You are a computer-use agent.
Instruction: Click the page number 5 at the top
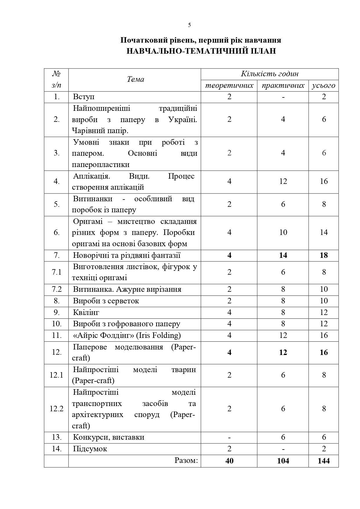point(189,25)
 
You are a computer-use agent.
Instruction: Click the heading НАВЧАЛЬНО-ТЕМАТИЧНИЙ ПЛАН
point(201,51)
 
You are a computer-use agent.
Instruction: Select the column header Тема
point(135,79)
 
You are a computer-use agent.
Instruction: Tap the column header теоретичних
point(229,86)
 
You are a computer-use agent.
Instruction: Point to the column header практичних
point(283,86)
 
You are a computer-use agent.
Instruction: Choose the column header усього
point(323,86)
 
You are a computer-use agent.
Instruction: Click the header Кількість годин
point(269,74)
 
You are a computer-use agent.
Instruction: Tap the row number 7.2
point(56,289)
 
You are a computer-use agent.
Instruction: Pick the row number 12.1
point(56,375)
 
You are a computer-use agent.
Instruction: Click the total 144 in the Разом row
point(324,461)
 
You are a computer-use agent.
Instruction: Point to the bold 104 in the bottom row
point(283,461)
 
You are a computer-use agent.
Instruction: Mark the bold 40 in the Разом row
point(229,461)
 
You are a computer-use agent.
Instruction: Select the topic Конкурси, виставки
point(108,437)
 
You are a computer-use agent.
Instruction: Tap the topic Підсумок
point(90,449)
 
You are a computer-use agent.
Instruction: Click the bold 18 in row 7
point(324,255)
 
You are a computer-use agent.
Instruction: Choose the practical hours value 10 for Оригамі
point(283,232)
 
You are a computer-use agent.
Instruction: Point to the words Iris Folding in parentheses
point(158,335)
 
